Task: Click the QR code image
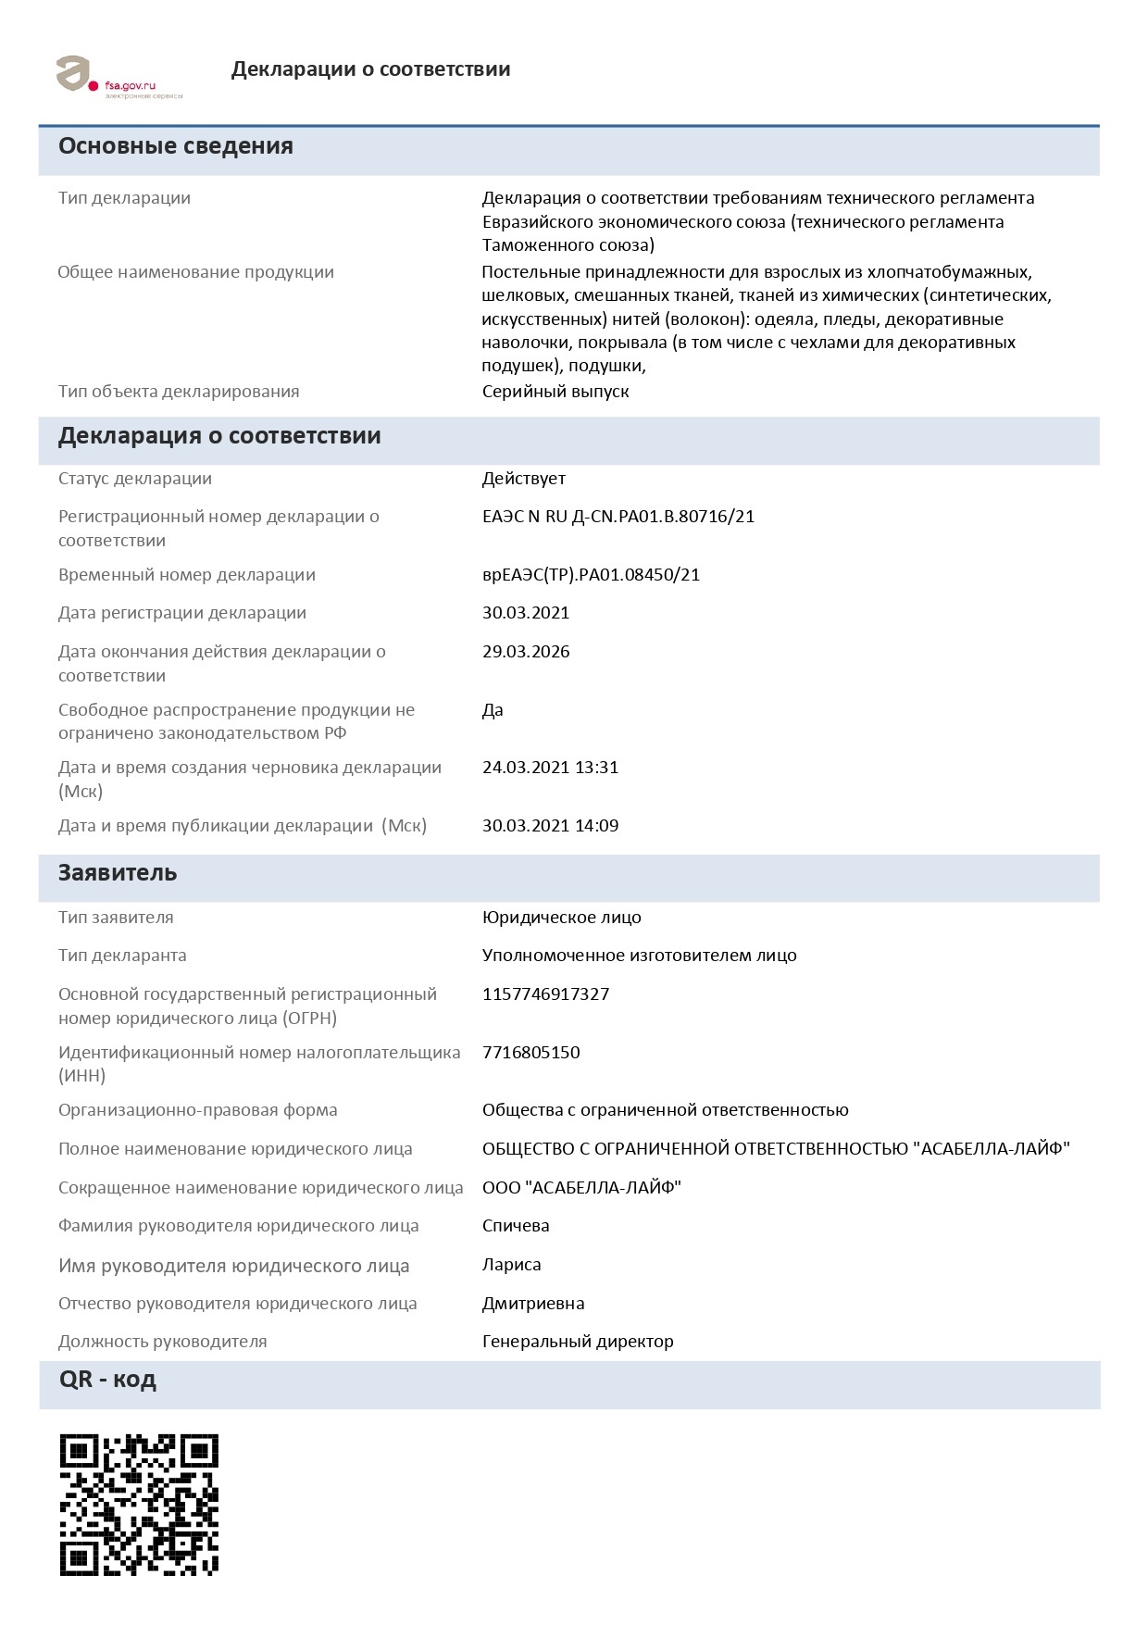point(139,1504)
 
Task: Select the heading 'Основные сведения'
point(176,146)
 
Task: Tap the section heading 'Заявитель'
point(118,873)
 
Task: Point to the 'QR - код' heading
point(107,1380)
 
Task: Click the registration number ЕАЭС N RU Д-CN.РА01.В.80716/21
point(618,517)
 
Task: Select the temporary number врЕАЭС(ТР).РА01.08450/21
point(591,575)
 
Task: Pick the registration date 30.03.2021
point(526,613)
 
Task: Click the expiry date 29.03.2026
point(526,652)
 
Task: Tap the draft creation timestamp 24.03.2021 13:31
point(550,768)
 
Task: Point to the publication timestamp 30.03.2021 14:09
point(550,826)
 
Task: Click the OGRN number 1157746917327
point(545,994)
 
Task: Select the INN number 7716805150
point(530,1053)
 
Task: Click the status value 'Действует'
point(523,479)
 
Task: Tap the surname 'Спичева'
point(516,1226)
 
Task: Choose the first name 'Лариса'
point(511,1265)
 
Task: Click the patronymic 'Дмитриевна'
point(533,1304)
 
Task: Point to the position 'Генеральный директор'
point(578,1342)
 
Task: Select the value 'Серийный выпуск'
point(555,392)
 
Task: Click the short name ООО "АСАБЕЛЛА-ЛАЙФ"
point(581,1188)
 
